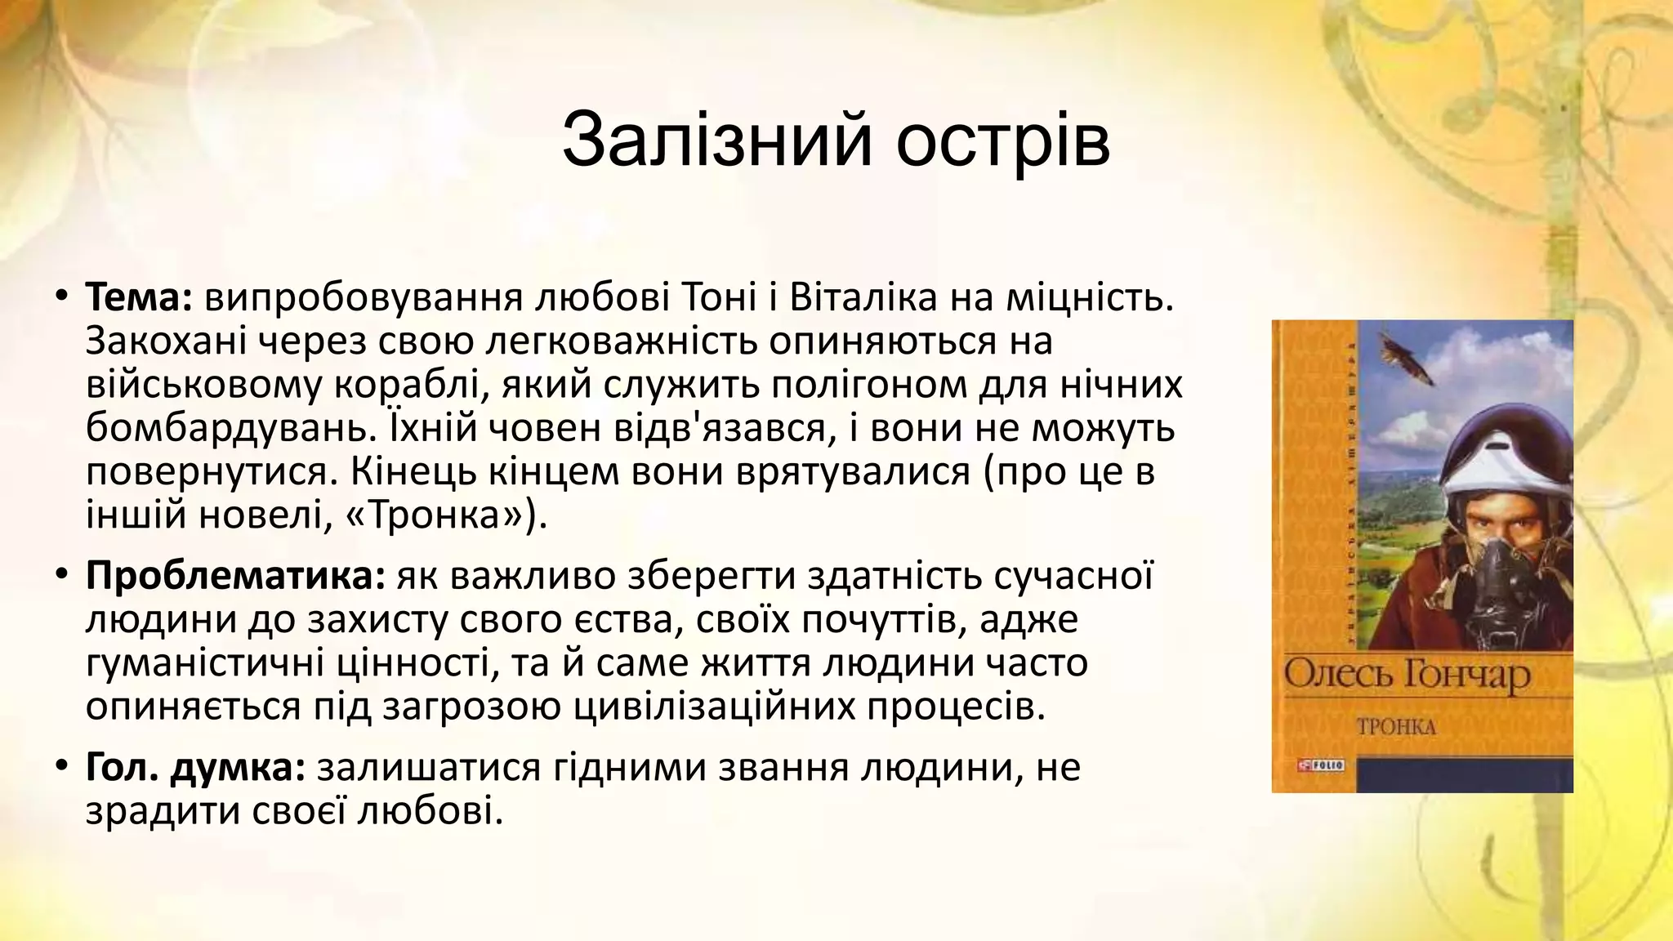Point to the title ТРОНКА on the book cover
(x=1396, y=726)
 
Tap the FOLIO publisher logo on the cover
(x=1320, y=765)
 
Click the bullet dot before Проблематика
(x=61, y=577)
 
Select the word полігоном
(x=868, y=385)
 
